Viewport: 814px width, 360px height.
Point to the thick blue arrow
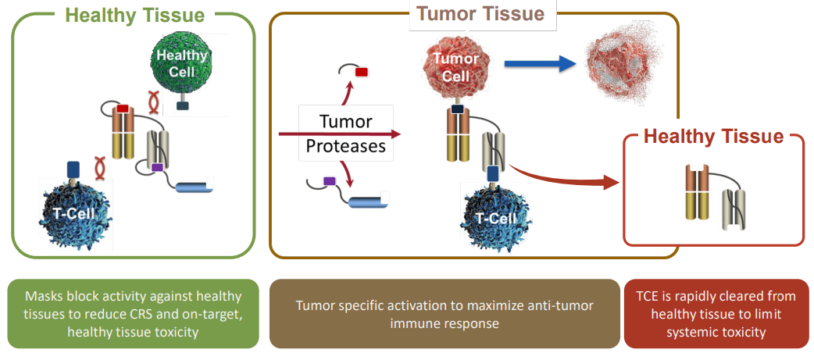tap(544, 66)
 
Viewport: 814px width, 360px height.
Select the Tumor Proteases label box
tap(346, 134)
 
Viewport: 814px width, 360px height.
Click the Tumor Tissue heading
tap(480, 13)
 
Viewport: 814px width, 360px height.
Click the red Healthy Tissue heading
tap(712, 137)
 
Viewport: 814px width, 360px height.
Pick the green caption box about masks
tap(134, 313)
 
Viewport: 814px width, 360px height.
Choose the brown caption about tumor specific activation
tap(444, 313)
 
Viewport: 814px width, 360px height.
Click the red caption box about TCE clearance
tap(716, 313)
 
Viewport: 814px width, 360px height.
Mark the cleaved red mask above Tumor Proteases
tap(361, 73)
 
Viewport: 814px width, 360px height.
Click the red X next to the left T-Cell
tap(100, 166)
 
